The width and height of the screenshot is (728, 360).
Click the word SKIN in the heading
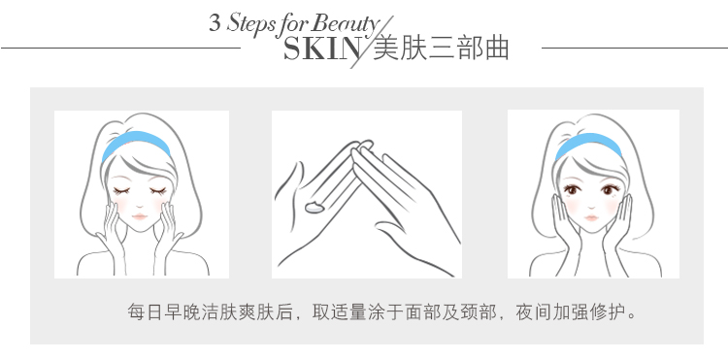pos(321,49)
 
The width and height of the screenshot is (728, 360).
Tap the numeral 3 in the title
pos(215,22)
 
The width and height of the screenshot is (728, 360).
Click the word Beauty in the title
pos(346,24)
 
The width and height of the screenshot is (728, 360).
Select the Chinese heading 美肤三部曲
pos(441,48)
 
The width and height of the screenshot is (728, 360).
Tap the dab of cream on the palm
pos(314,208)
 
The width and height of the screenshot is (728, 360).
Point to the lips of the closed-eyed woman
pos(139,216)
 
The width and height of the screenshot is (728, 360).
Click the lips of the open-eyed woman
pos(591,217)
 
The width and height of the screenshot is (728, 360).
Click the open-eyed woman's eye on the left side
pos(572,189)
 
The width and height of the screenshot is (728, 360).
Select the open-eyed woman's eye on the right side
pos(610,189)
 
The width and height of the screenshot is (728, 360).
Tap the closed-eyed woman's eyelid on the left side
pos(120,190)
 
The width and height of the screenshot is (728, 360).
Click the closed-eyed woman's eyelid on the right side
pos(158,190)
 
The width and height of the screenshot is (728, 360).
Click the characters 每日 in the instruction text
pos(146,311)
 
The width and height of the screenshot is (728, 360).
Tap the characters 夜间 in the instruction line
pos(534,311)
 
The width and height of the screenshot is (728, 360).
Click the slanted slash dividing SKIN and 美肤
pos(372,43)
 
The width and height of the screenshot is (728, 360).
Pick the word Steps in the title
pos(249,24)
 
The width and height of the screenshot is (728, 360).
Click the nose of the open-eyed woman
pos(591,206)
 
